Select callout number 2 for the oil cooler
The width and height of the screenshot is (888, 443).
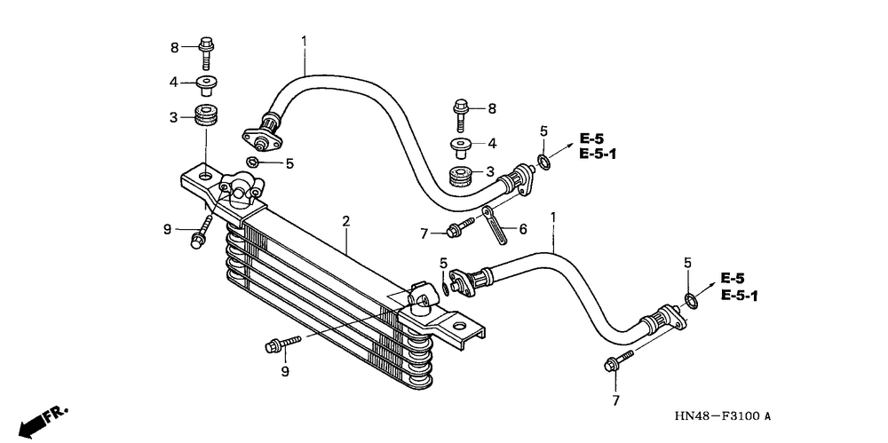pos(345,221)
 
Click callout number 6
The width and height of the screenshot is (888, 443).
pos(523,229)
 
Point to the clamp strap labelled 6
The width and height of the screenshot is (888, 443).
pos(494,225)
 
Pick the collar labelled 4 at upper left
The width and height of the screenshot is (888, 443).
pos(208,85)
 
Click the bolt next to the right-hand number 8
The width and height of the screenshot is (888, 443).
pos(461,116)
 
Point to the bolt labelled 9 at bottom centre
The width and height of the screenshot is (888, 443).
pos(283,344)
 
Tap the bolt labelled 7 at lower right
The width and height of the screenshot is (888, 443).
pos(619,360)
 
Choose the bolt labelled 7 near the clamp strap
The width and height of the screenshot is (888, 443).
pos(460,226)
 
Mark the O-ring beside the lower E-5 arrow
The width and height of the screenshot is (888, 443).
pos(691,301)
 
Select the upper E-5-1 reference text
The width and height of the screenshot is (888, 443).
pos(597,154)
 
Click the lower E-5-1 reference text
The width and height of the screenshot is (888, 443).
pos(739,296)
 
